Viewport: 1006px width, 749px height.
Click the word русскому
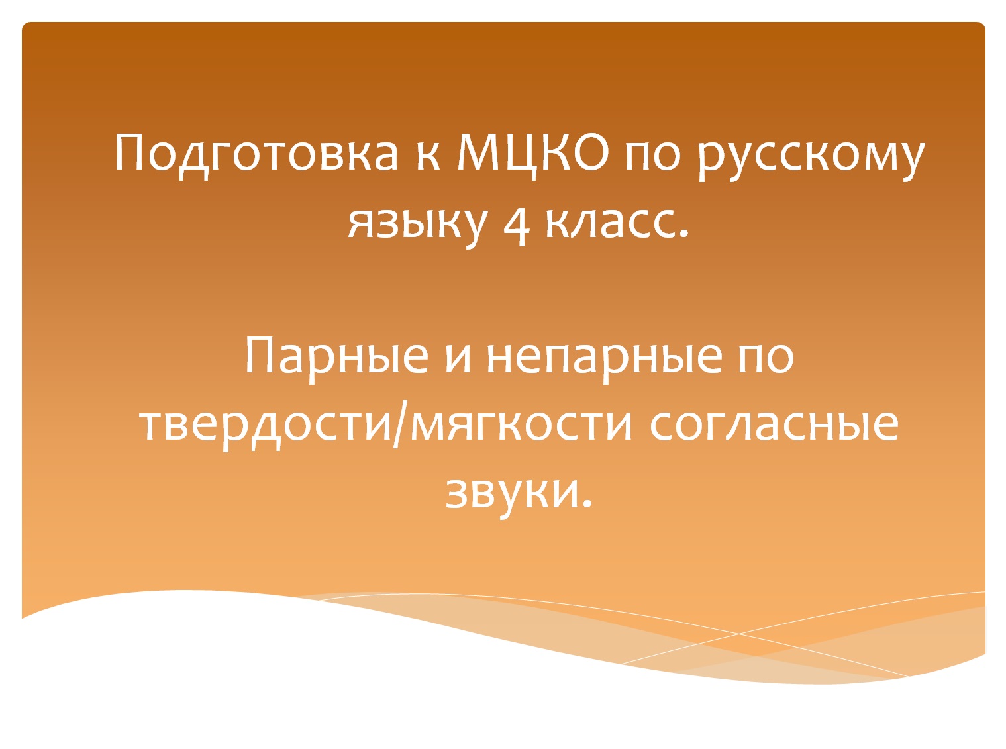coord(812,159)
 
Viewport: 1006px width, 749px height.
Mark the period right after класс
coord(684,234)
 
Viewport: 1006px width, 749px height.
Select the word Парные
coord(336,356)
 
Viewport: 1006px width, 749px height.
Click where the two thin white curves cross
coord(739,634)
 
